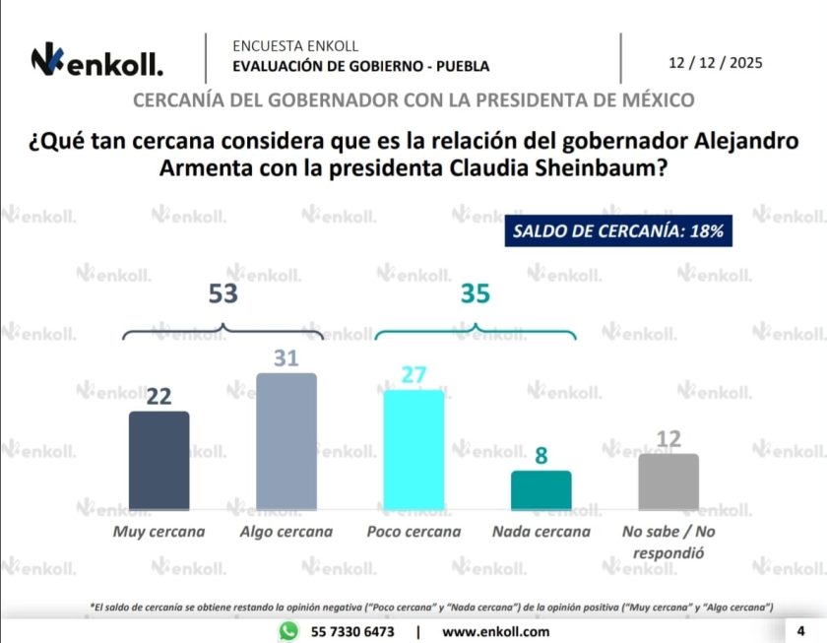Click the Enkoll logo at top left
pyautogui.click(x=96, y=61)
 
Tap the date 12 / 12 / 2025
pyautogui.click(x=715, y=62)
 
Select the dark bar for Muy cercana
pyautogui.click(x=159, y=460)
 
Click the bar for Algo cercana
pyautogui.click(x=286, y=441)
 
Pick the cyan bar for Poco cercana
pyautogui.click(x=413, y=449)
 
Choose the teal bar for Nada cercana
pyautogui.click(x=541, y=489)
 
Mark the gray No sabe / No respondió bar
pyautogui.click(x=668, y=482)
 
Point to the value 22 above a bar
pyautogui.click(x=159, y=397)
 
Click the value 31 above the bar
pyautogui.click(x=286, y=358)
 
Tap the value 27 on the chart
pyautogui.click(x=413, y=375)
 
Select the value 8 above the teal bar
pyautogui.click(x=541, y=456)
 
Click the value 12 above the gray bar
pyautogui.click(x=668, y=439)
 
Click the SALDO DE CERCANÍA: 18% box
pyautogui.click(x=618, y=231)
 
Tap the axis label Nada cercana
pyautogui.click(x=541, y=532)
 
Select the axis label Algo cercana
pyautogui.click(x=286, y=532)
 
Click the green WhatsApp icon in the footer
pyautogui.click(x=288, y=631)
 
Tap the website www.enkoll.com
pyautogui.click(x=496, y=631)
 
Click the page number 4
pyautogui.click(x=800, y=630)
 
